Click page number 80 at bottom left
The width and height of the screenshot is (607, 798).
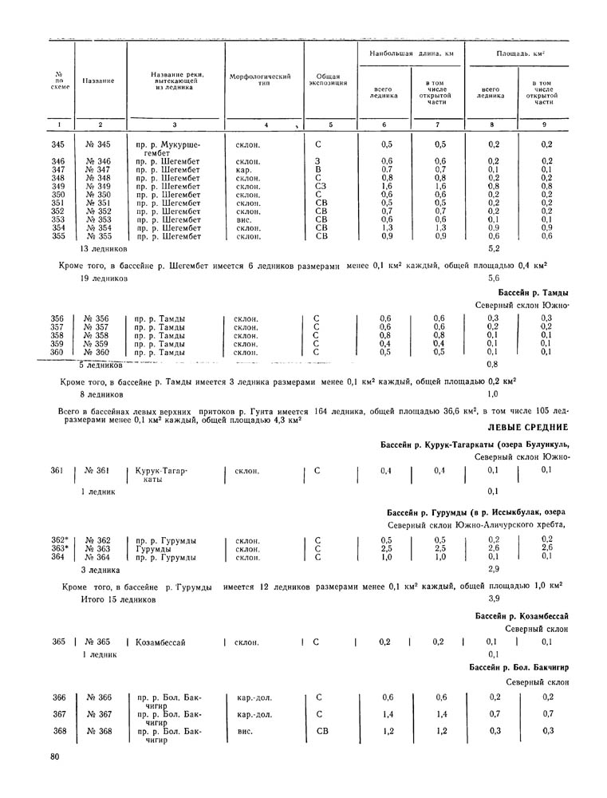click(x=54, y=756)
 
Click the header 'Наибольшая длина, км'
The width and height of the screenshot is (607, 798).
click(x=405, y=53)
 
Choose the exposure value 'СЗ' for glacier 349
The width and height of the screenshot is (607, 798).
click(x=320, y=186)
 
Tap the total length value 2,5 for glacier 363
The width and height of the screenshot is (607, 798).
click(x=386, y=548)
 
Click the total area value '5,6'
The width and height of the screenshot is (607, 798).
click(x=493, y=279)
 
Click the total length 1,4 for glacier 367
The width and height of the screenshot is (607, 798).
click(x=386, y=713)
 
